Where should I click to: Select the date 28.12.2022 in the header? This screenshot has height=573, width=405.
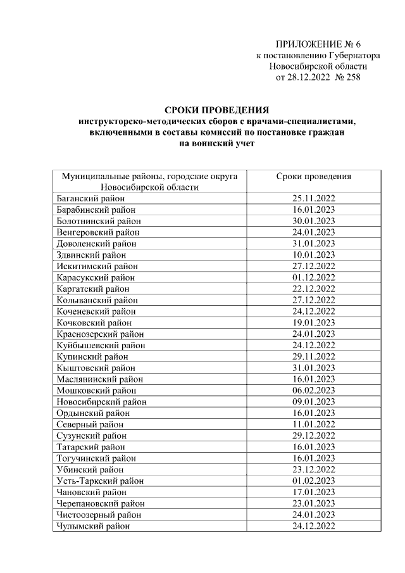tap(309, 78)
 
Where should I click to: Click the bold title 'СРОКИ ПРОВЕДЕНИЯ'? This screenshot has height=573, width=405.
tap(218, 110)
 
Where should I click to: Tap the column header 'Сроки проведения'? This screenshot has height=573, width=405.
tap(313, 177)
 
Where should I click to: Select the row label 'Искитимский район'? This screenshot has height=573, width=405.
tap(96, 267)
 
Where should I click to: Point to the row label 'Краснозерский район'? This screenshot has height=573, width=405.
tap(99, 334)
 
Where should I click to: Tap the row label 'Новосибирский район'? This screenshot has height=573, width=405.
tap(101, 402)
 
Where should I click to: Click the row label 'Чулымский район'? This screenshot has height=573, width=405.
tap(93, 526)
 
